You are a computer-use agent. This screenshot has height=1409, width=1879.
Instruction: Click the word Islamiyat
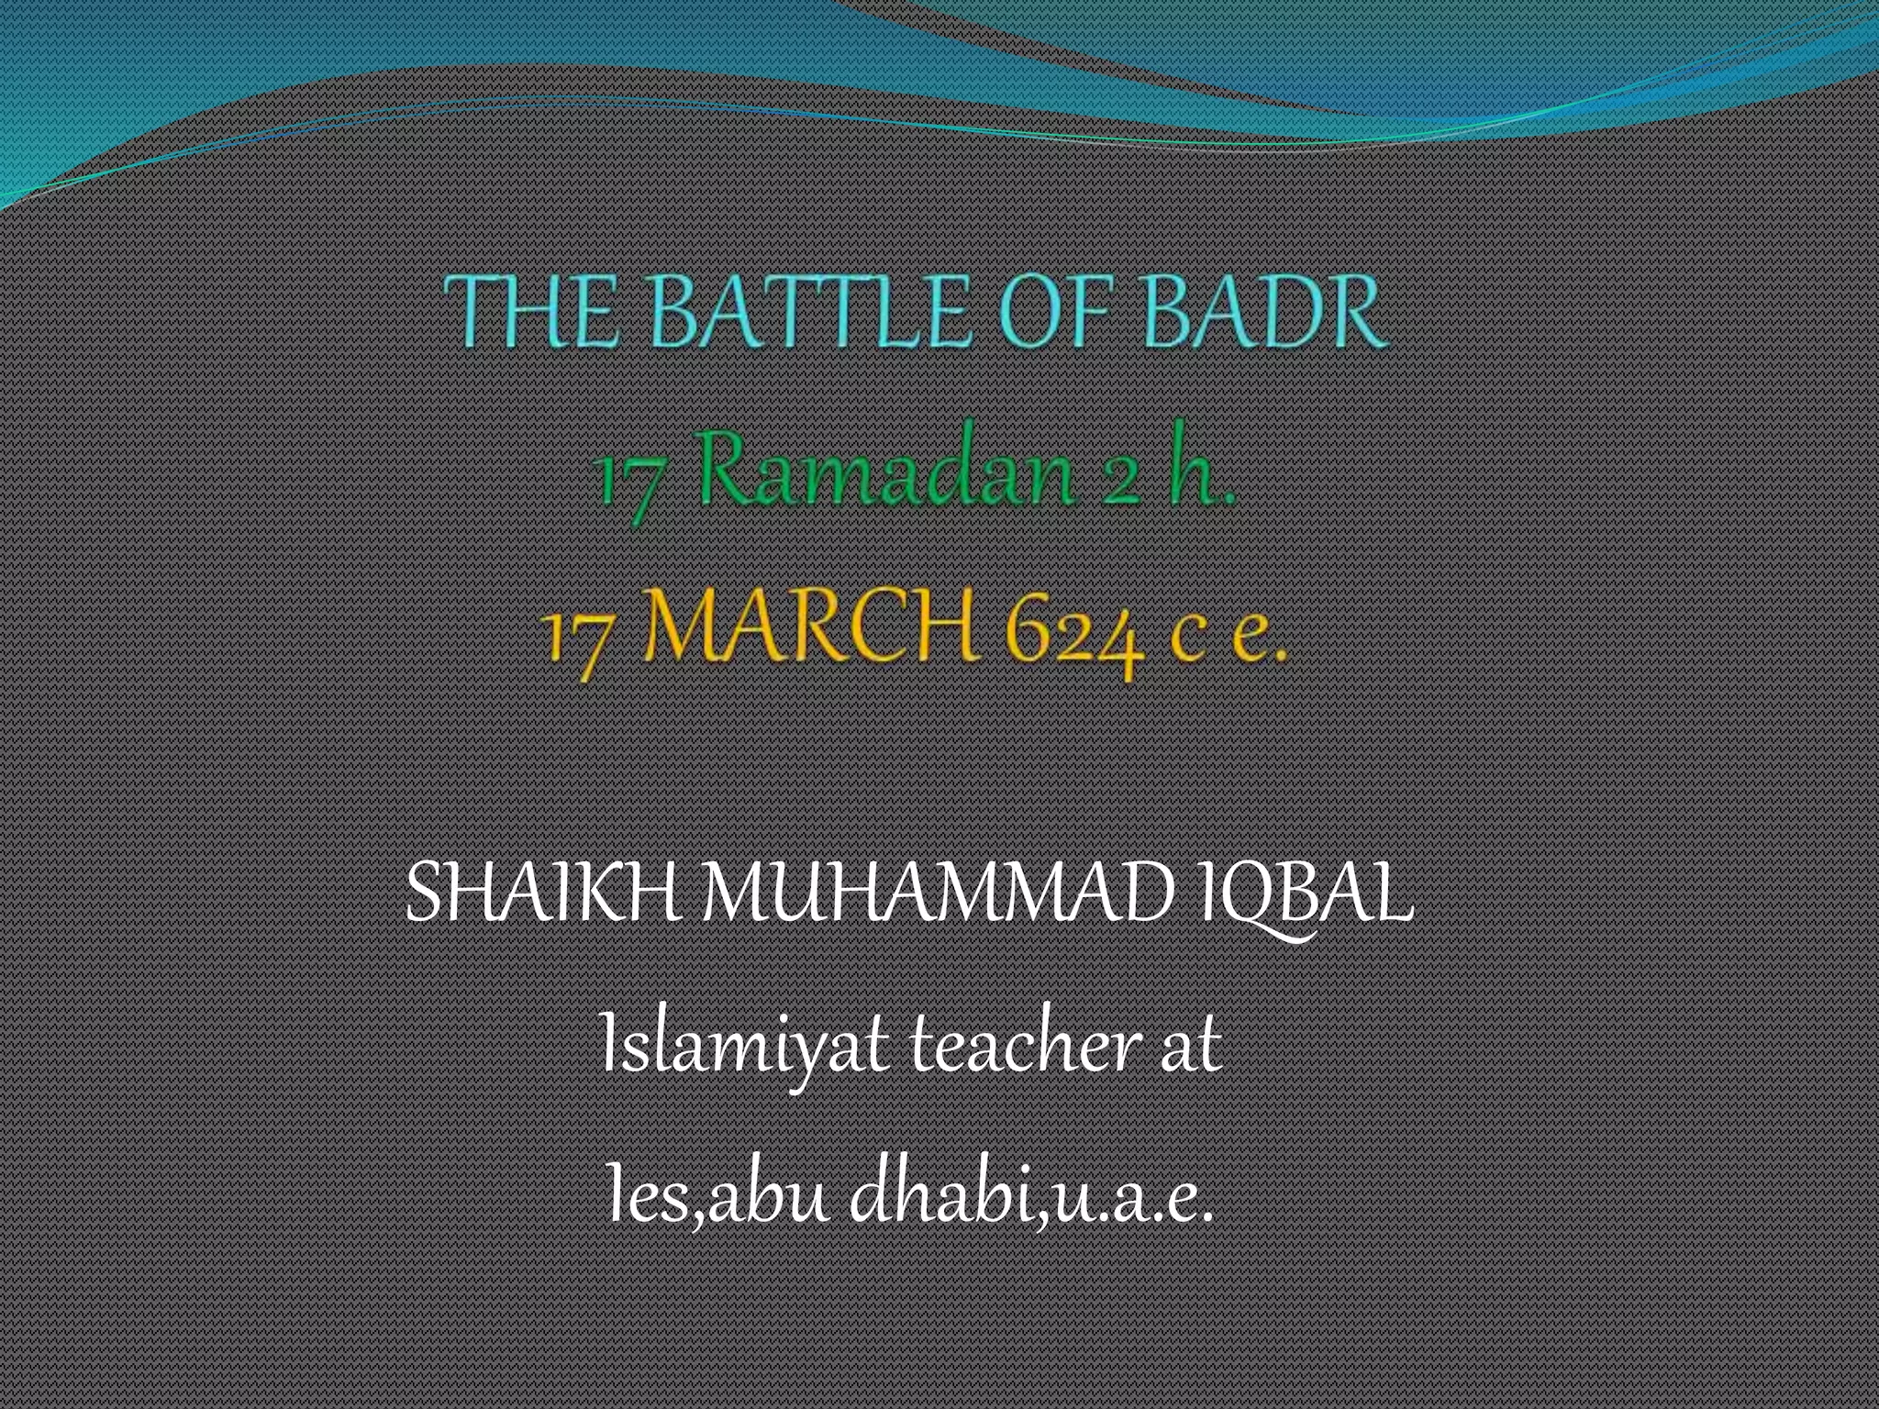coord(744,1046)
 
